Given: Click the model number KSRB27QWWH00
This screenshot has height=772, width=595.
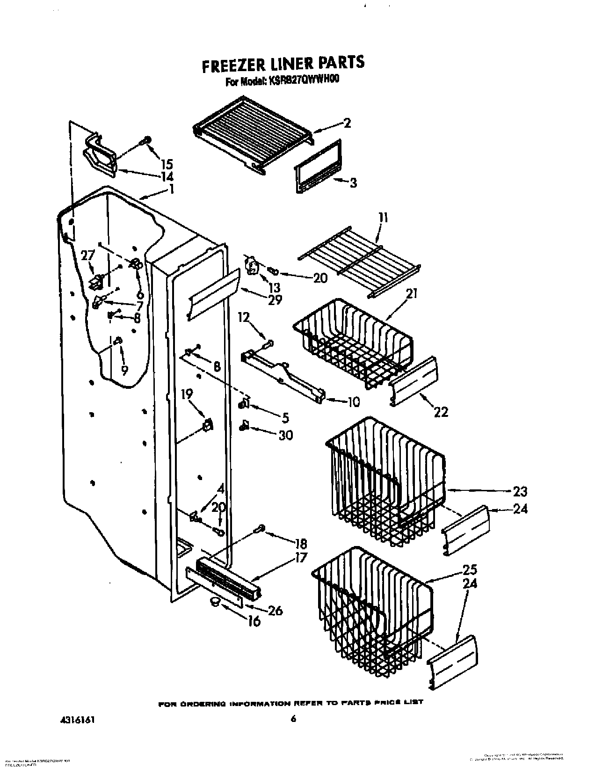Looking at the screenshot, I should click(303, 81).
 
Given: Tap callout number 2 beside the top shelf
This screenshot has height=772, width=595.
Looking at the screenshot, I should click(347, 123).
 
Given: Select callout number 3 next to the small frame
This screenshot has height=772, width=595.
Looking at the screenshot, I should click(353, 182).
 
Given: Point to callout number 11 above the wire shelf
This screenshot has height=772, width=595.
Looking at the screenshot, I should click(383, 218).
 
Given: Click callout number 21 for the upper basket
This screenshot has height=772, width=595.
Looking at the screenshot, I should click(412, 294).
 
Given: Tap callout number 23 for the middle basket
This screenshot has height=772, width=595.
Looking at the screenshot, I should click(520, 491).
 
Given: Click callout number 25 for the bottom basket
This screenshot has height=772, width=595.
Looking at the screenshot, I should click(470, 570).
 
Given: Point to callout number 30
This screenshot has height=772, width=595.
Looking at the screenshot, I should click(285, 435).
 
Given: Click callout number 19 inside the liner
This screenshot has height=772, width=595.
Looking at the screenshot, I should click(187, 394).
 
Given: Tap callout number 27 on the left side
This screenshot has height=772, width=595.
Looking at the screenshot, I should click(87, 255).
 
